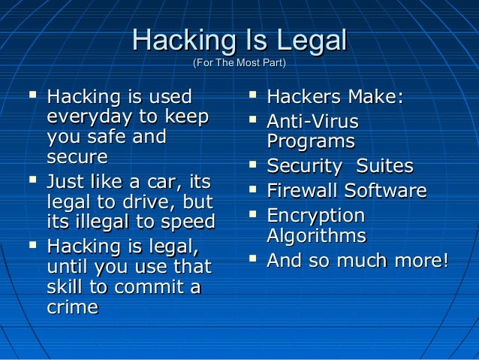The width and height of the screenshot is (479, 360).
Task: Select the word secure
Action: pos(77,158)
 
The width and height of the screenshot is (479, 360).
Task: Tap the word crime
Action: pos(72,307)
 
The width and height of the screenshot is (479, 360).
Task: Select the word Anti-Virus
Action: pos(312,121)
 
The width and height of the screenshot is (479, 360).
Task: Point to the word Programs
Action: pos(310,141)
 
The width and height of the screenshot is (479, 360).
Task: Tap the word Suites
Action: pos(384,166)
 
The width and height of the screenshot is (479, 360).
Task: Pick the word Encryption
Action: pos(315,216)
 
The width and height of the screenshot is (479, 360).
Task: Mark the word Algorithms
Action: pos(316,236)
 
